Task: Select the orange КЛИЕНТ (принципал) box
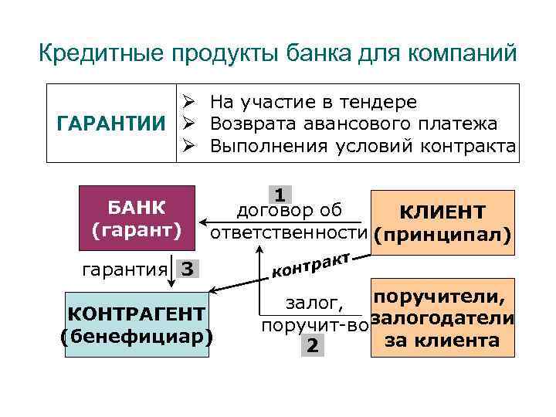[x=442, y=221]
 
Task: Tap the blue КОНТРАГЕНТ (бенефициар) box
[x=136, y=325]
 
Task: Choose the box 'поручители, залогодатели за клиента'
[x=442, y=318]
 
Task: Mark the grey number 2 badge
[x=311, y=345]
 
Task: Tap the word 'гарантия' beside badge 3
[x=124, y=270]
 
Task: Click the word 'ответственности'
[x=290, y=232]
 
